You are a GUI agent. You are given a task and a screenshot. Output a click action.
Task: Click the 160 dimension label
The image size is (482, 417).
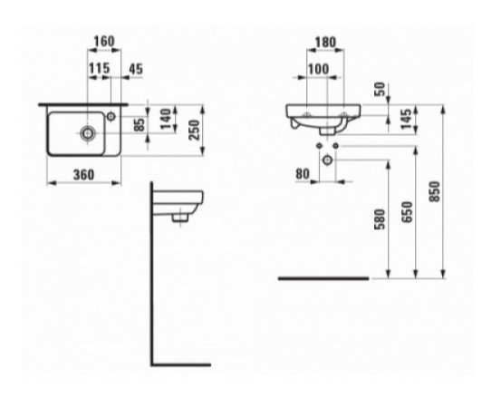[x=104, y=41]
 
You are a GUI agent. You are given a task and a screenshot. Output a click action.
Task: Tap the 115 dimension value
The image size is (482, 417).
[x=99, y=68]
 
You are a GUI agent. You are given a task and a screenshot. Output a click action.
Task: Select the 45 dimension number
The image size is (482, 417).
[x=136, y=69]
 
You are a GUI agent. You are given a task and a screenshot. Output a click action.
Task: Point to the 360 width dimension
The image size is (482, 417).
[x=83, y=175]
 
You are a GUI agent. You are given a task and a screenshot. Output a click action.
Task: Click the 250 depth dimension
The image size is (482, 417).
[x=194, y=130]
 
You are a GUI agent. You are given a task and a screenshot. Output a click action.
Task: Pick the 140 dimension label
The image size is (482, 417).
[x=166, y=119]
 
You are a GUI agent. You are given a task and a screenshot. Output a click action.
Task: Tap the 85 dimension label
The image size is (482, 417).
[x=140, y=125]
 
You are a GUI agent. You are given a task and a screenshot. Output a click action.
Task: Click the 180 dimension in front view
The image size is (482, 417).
[x=325, y=42]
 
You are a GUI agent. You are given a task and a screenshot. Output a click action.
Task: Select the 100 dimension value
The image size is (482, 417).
[x=318, y=69]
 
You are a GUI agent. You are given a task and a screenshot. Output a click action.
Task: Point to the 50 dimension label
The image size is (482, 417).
[x=381, y=89]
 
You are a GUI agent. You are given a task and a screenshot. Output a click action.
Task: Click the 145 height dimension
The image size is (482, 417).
[x=406, y=119]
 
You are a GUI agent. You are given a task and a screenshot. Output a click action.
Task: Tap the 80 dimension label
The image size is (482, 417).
[x=303, y=174]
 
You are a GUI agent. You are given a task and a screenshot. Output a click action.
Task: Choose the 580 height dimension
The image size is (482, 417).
[x=380, y=219]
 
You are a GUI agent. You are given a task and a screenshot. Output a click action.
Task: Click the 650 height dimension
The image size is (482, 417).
[x=407, y=211]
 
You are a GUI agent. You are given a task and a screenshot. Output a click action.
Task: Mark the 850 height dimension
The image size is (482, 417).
[x=434, y=191]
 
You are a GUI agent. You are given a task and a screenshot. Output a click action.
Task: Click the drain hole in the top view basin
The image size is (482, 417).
[x=88, y=133]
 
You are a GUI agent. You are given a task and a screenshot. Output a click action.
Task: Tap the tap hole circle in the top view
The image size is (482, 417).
[x=111, y=117]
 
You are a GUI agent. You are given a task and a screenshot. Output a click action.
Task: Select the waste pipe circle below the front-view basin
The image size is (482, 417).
[x=327, y=160]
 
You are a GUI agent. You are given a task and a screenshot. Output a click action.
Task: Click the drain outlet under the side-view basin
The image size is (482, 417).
[x=179, y=218]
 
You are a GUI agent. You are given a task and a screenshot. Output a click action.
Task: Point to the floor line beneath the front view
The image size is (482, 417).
[x=323, y=278]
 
